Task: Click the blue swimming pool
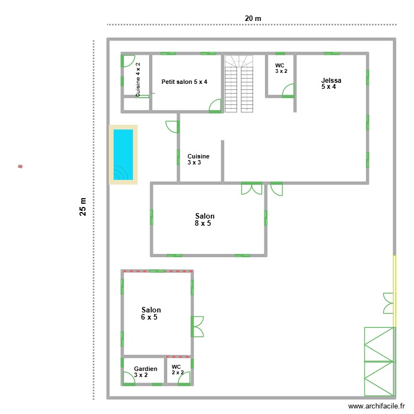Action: tap(123, 154)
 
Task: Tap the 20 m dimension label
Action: tap(253, 18)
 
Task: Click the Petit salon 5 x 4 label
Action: tap(184, 82)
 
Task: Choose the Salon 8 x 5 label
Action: tap(204, 220)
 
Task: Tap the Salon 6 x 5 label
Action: tap(151, 314)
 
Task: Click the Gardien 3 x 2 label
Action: tap(145, 371)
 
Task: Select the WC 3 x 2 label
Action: tap(281, 68)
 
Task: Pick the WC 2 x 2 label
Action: tap(177, 369)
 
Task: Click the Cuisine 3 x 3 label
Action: tap(198, 160)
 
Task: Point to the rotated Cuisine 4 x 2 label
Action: tap(138, 81)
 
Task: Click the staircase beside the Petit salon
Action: tap(238, 83)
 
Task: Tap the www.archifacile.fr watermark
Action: tap(375, 406)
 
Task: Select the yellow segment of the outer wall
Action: tap(394, 290)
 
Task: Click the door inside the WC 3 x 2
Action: tap(288, 91)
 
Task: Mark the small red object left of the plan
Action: tap(20, 166)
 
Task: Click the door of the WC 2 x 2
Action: tap(184, 378)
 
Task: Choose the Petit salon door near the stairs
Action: tap(215, 105)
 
